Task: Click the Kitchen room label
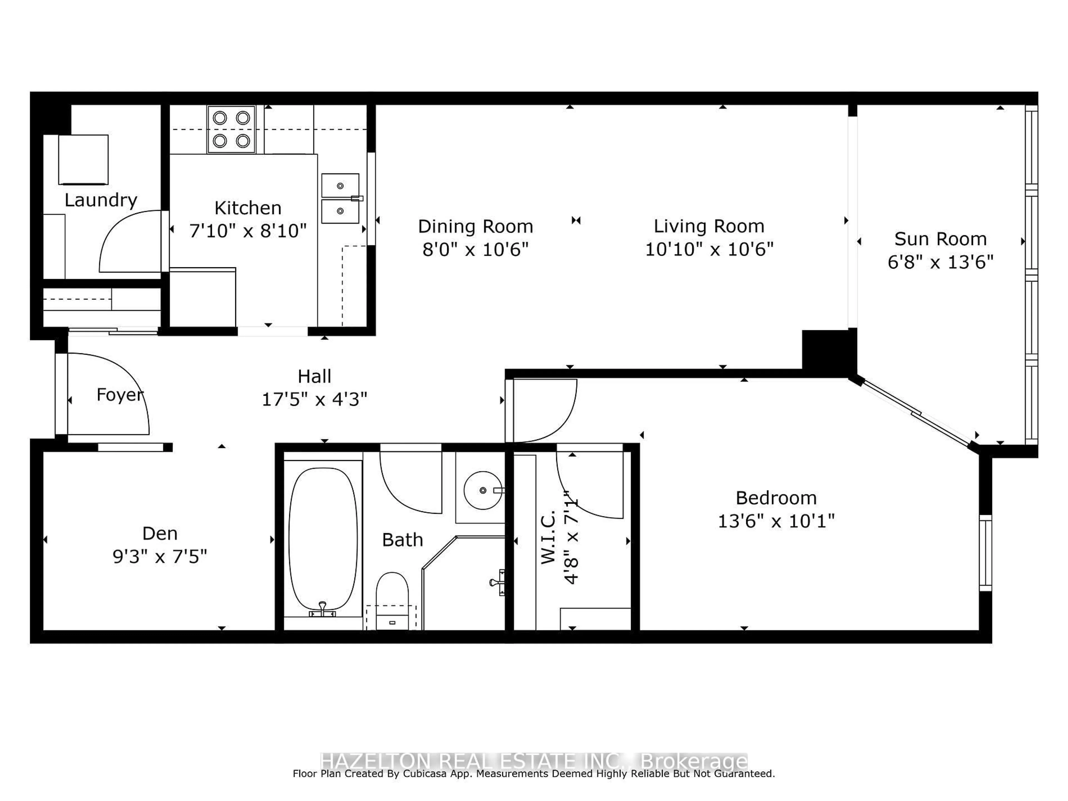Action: pos(248,208)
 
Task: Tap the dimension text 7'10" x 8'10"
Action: pos(248,231)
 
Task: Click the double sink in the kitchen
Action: pos(340,198)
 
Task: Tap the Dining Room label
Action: pos(475,226)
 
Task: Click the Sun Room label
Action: pos(940,239)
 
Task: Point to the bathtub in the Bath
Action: pos(323,539)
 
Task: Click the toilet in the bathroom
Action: pos(392,599)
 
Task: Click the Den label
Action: pos(160,533)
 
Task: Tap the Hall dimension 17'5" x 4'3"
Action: pos(314,399)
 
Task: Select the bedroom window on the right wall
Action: pos(985,553)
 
